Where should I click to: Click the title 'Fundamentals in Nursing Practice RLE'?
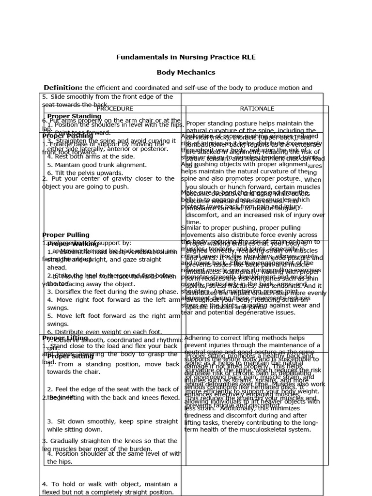pos(186,57)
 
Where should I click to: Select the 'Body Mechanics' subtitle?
pos(186,72)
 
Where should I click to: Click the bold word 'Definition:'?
pos(63,88)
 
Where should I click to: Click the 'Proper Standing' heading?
pos(74,117)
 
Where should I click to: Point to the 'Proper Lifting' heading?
pos(65,338)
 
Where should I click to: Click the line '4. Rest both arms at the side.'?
pos(85,156)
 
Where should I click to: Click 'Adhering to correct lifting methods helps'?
pos(245,338)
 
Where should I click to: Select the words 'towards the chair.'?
pos(74,372)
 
